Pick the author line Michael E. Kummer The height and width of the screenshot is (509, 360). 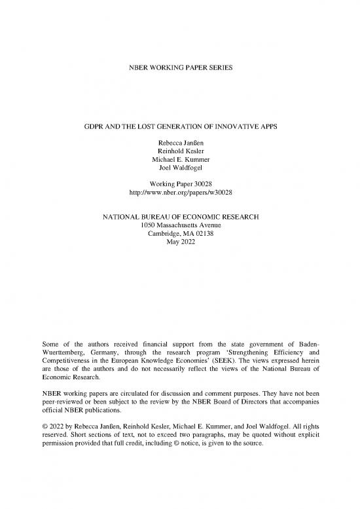179,156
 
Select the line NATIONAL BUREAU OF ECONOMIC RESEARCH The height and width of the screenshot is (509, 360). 179,216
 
